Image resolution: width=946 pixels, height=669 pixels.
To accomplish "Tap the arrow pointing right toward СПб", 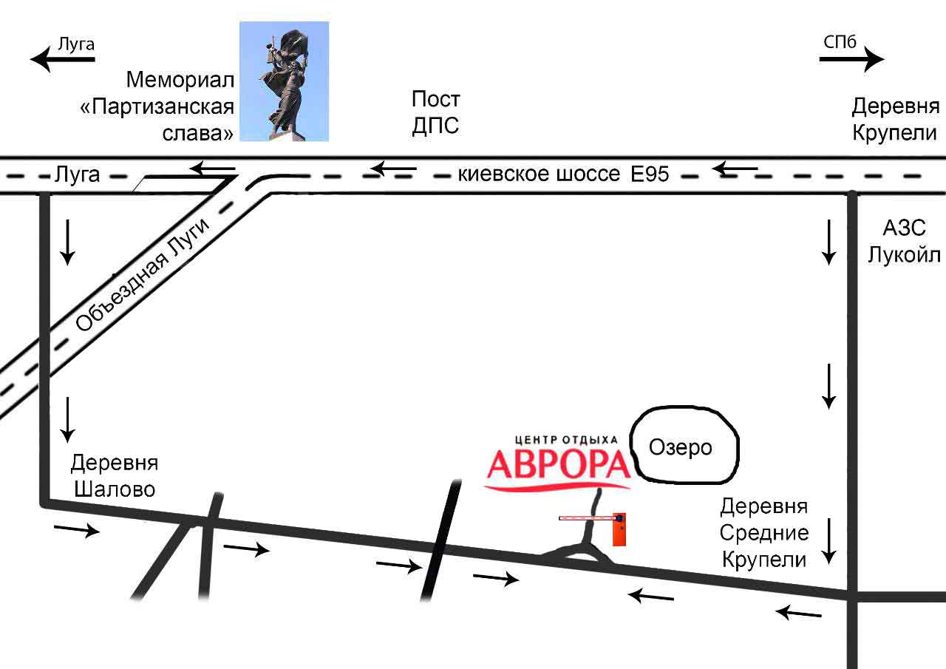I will click(x=851, y=60).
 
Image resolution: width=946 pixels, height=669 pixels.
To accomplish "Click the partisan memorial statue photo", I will click(x=284, y=81).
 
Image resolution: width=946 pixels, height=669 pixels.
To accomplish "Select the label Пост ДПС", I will click(x=435, y=112).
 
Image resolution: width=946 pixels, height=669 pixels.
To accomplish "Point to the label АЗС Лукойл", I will click(x=904, y=241).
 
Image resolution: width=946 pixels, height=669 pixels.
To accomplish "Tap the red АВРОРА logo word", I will click(x=558, y=463).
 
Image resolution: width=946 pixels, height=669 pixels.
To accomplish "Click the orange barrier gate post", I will click(x=620, y=529).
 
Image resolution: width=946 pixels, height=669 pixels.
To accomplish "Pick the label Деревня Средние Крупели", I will click(x=765, y=532).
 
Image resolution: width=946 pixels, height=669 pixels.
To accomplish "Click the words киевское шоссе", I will click(x=540, y=174).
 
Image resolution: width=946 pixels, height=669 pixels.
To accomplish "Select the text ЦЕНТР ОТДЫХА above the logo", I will click(x=565, y=439).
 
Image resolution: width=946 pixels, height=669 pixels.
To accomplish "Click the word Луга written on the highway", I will click(x=77, y=175).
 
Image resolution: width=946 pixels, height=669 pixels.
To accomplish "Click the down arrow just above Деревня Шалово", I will click(x=68, y=418).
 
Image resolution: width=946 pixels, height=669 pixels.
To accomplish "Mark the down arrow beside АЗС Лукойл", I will click(x=828, y=242).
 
